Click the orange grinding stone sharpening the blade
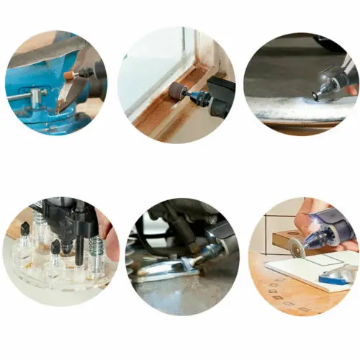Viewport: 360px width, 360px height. [69, 75]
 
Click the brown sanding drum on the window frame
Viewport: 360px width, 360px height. [176, 91]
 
